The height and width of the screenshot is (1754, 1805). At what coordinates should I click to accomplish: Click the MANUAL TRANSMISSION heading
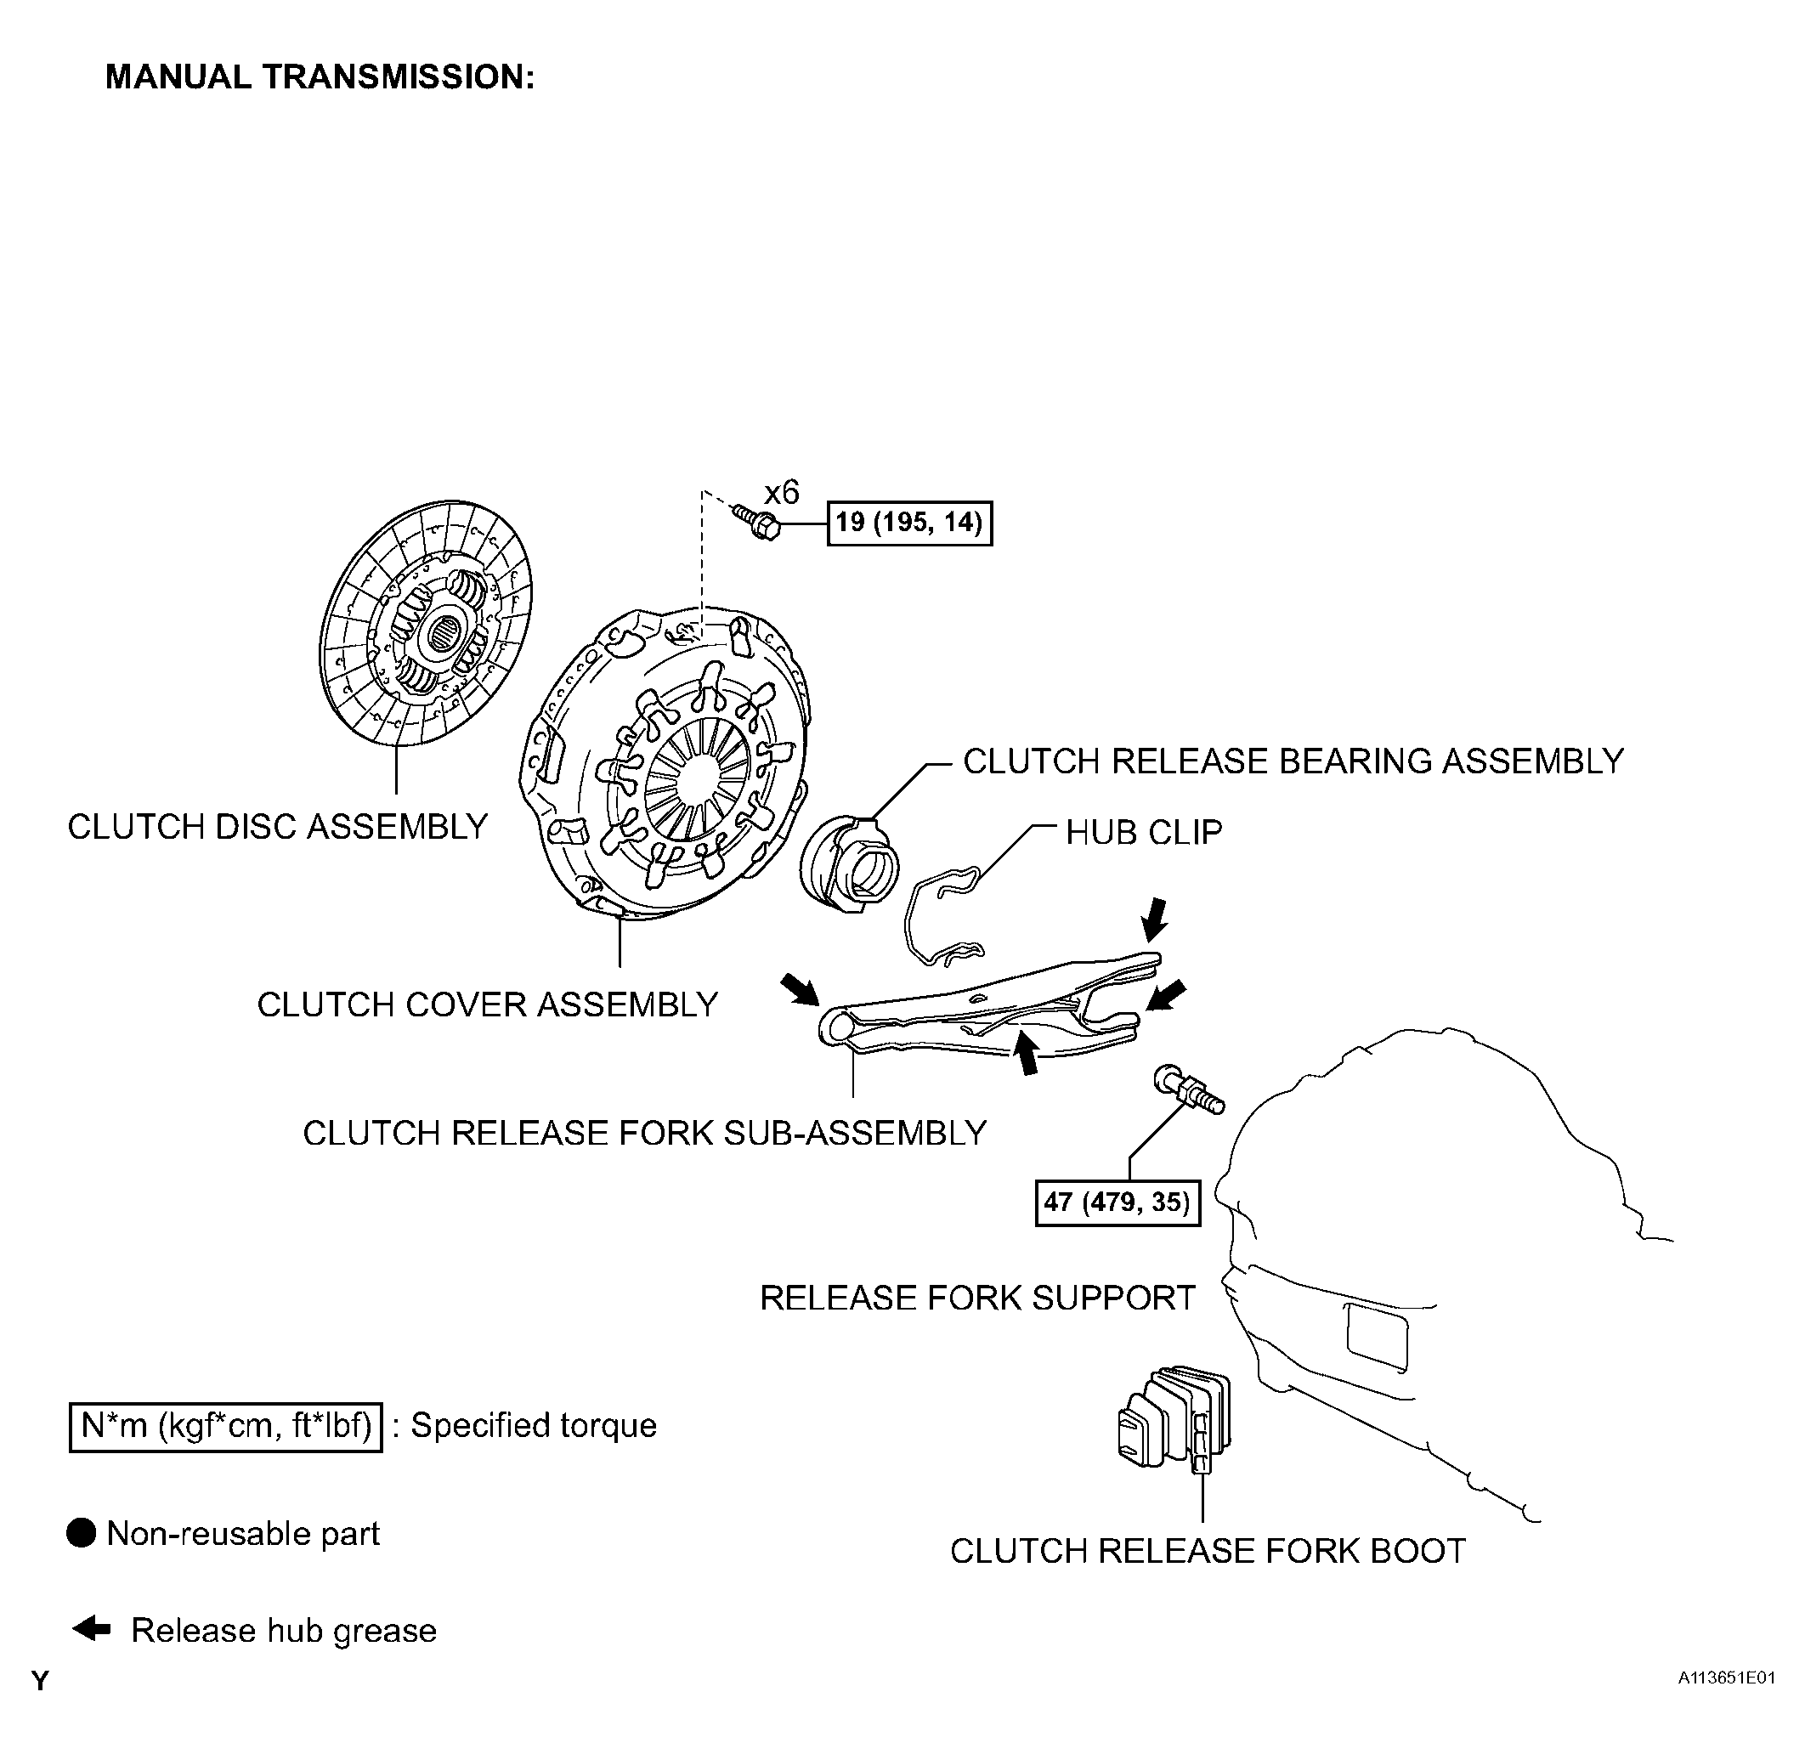320,76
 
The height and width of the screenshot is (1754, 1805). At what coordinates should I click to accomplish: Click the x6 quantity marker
781,493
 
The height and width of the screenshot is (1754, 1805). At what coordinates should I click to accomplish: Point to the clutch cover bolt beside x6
755,522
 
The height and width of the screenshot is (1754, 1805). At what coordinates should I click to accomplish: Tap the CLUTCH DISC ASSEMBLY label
277,826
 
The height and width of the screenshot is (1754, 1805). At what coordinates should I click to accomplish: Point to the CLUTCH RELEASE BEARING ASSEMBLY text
1293,761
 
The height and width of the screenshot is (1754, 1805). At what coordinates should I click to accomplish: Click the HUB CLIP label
1144,832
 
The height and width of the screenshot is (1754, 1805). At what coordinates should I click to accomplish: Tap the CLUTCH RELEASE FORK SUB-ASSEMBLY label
645,1133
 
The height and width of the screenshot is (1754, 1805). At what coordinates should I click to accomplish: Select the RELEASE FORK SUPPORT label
977,1298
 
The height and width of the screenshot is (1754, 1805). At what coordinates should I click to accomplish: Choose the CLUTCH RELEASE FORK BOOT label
1208,1552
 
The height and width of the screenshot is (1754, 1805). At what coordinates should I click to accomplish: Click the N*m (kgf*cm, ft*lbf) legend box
226,1426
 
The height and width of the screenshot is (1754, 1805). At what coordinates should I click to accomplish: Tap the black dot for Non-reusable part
82,1534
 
